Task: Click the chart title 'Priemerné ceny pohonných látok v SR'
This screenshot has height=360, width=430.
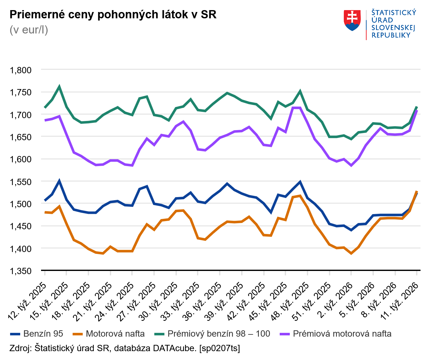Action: (113, 15)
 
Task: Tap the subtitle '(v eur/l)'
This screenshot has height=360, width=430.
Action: (29, 30)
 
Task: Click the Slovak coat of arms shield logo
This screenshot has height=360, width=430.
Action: (352, 21)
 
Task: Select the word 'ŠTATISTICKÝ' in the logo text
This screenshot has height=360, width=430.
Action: (394, 13)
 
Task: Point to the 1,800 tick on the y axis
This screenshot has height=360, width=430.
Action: (21, 70)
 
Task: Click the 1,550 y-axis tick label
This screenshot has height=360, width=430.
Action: (21, 182)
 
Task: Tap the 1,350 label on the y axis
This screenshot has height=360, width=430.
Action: (21, 271)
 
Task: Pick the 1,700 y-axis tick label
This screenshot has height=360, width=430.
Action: (21, 115)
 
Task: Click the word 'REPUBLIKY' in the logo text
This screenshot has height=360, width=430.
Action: (391, 35)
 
